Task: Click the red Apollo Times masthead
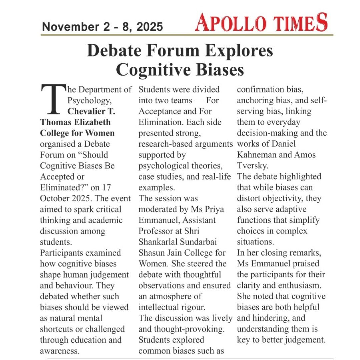pos(261,23)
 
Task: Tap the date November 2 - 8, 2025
pos(102,27)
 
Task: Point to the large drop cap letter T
pos(52,99)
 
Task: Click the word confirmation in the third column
pos(263,90)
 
